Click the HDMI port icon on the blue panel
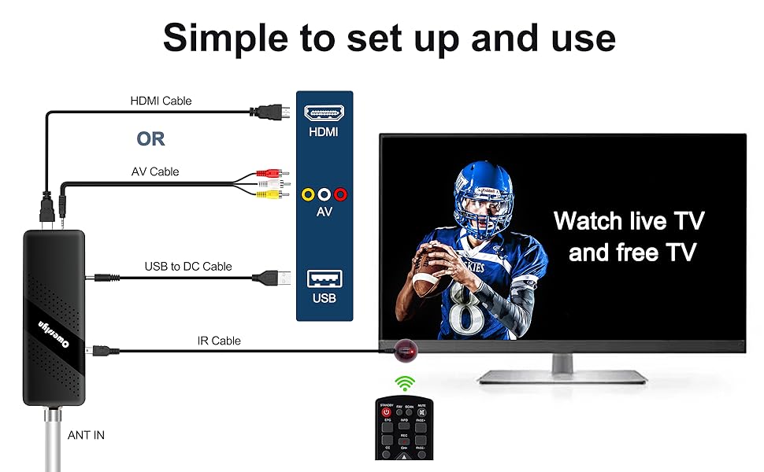tap(324, 112)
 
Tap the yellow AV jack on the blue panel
tap(308, 194)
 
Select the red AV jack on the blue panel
tap(339, 194)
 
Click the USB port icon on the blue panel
tap(324, 278)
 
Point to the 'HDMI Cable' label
tap(161, 101)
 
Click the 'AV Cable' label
tap(154, 171)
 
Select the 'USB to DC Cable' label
tap(188, 266)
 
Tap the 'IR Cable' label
tap(219, 341)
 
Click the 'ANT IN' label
tap(87, 435)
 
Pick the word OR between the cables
tap(150, 139)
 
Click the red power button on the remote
tap(386, 412)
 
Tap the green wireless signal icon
tap(405, 384)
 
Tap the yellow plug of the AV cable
tap(272, 193)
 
